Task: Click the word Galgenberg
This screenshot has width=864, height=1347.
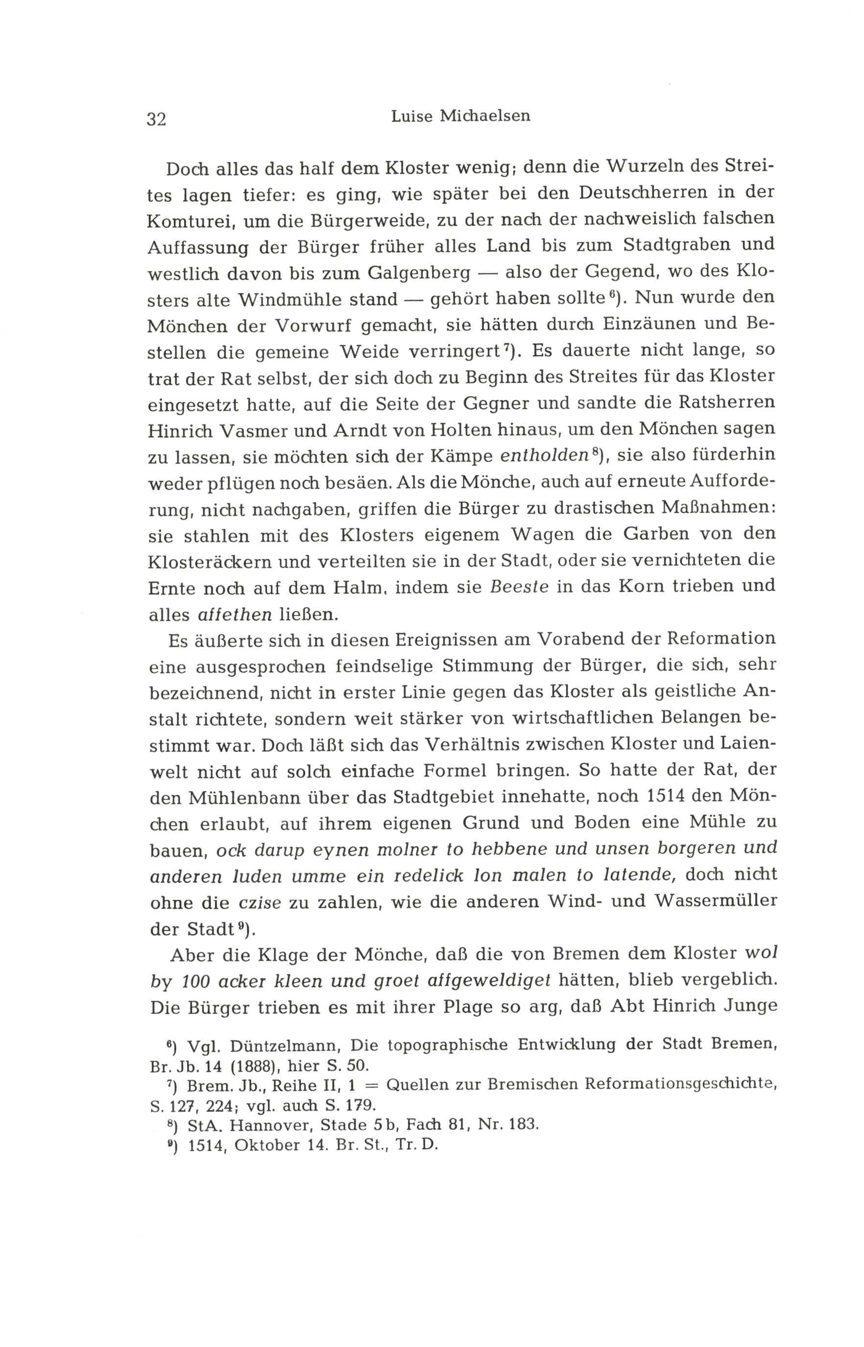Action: (419, 273)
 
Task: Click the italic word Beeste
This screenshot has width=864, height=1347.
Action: (519, 587)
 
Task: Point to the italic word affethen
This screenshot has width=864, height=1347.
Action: (235, 614)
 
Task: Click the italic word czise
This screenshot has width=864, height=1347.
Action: (260, 903)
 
